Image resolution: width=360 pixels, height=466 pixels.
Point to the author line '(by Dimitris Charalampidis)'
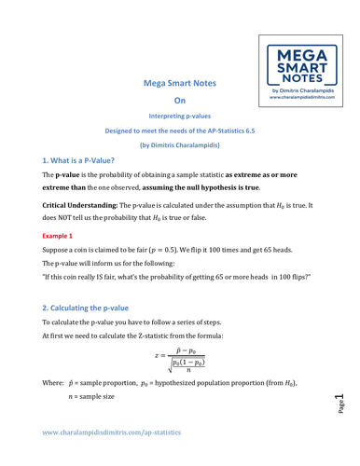click(180, 145)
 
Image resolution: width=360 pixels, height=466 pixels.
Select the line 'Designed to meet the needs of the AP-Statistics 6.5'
click(180, 131)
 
